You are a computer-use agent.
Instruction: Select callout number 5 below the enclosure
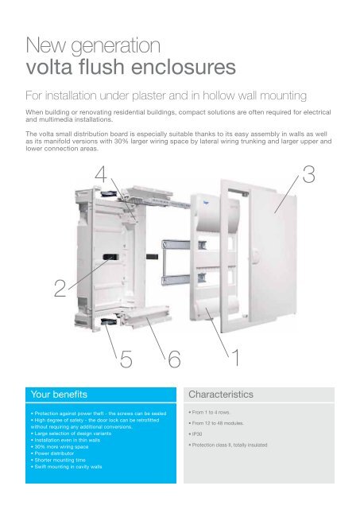click(126, 362)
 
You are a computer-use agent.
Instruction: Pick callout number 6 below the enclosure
click(174, 362)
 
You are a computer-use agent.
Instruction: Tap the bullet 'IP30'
click(195, 435)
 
